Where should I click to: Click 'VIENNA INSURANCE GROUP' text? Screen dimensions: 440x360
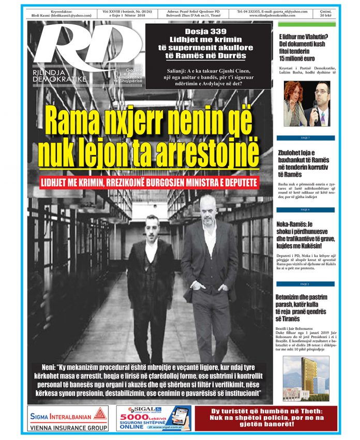coord(69,428)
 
